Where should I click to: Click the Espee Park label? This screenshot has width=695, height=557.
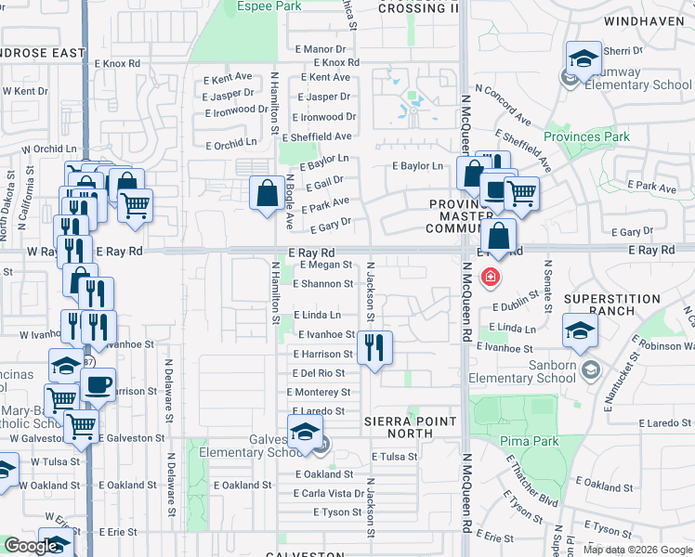click(x=269, y=6)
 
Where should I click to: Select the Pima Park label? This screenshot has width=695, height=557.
click(x=529, y=441)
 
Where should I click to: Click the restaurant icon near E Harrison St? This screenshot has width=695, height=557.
click(x=374, y=348)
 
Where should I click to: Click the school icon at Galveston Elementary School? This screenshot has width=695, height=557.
click(x=304, y=432)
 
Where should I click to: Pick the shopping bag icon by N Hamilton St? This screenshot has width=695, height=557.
click(x=267, y=193)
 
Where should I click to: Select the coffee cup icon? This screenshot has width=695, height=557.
click(x=98, y=383)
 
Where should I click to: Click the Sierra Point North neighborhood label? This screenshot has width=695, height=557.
click(x=411, y=428)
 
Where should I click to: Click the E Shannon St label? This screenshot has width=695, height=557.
click(x=322, y=284)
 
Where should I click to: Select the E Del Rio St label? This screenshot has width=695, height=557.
click(x=319, y=373)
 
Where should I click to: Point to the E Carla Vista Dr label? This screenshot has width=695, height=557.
click(x=333, y=494)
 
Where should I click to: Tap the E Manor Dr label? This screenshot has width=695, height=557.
click(x=319, y=48)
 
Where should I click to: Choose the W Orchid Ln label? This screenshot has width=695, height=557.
click(x=48, y=149)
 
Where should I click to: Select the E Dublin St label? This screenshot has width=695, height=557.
click(x=516, y=306)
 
